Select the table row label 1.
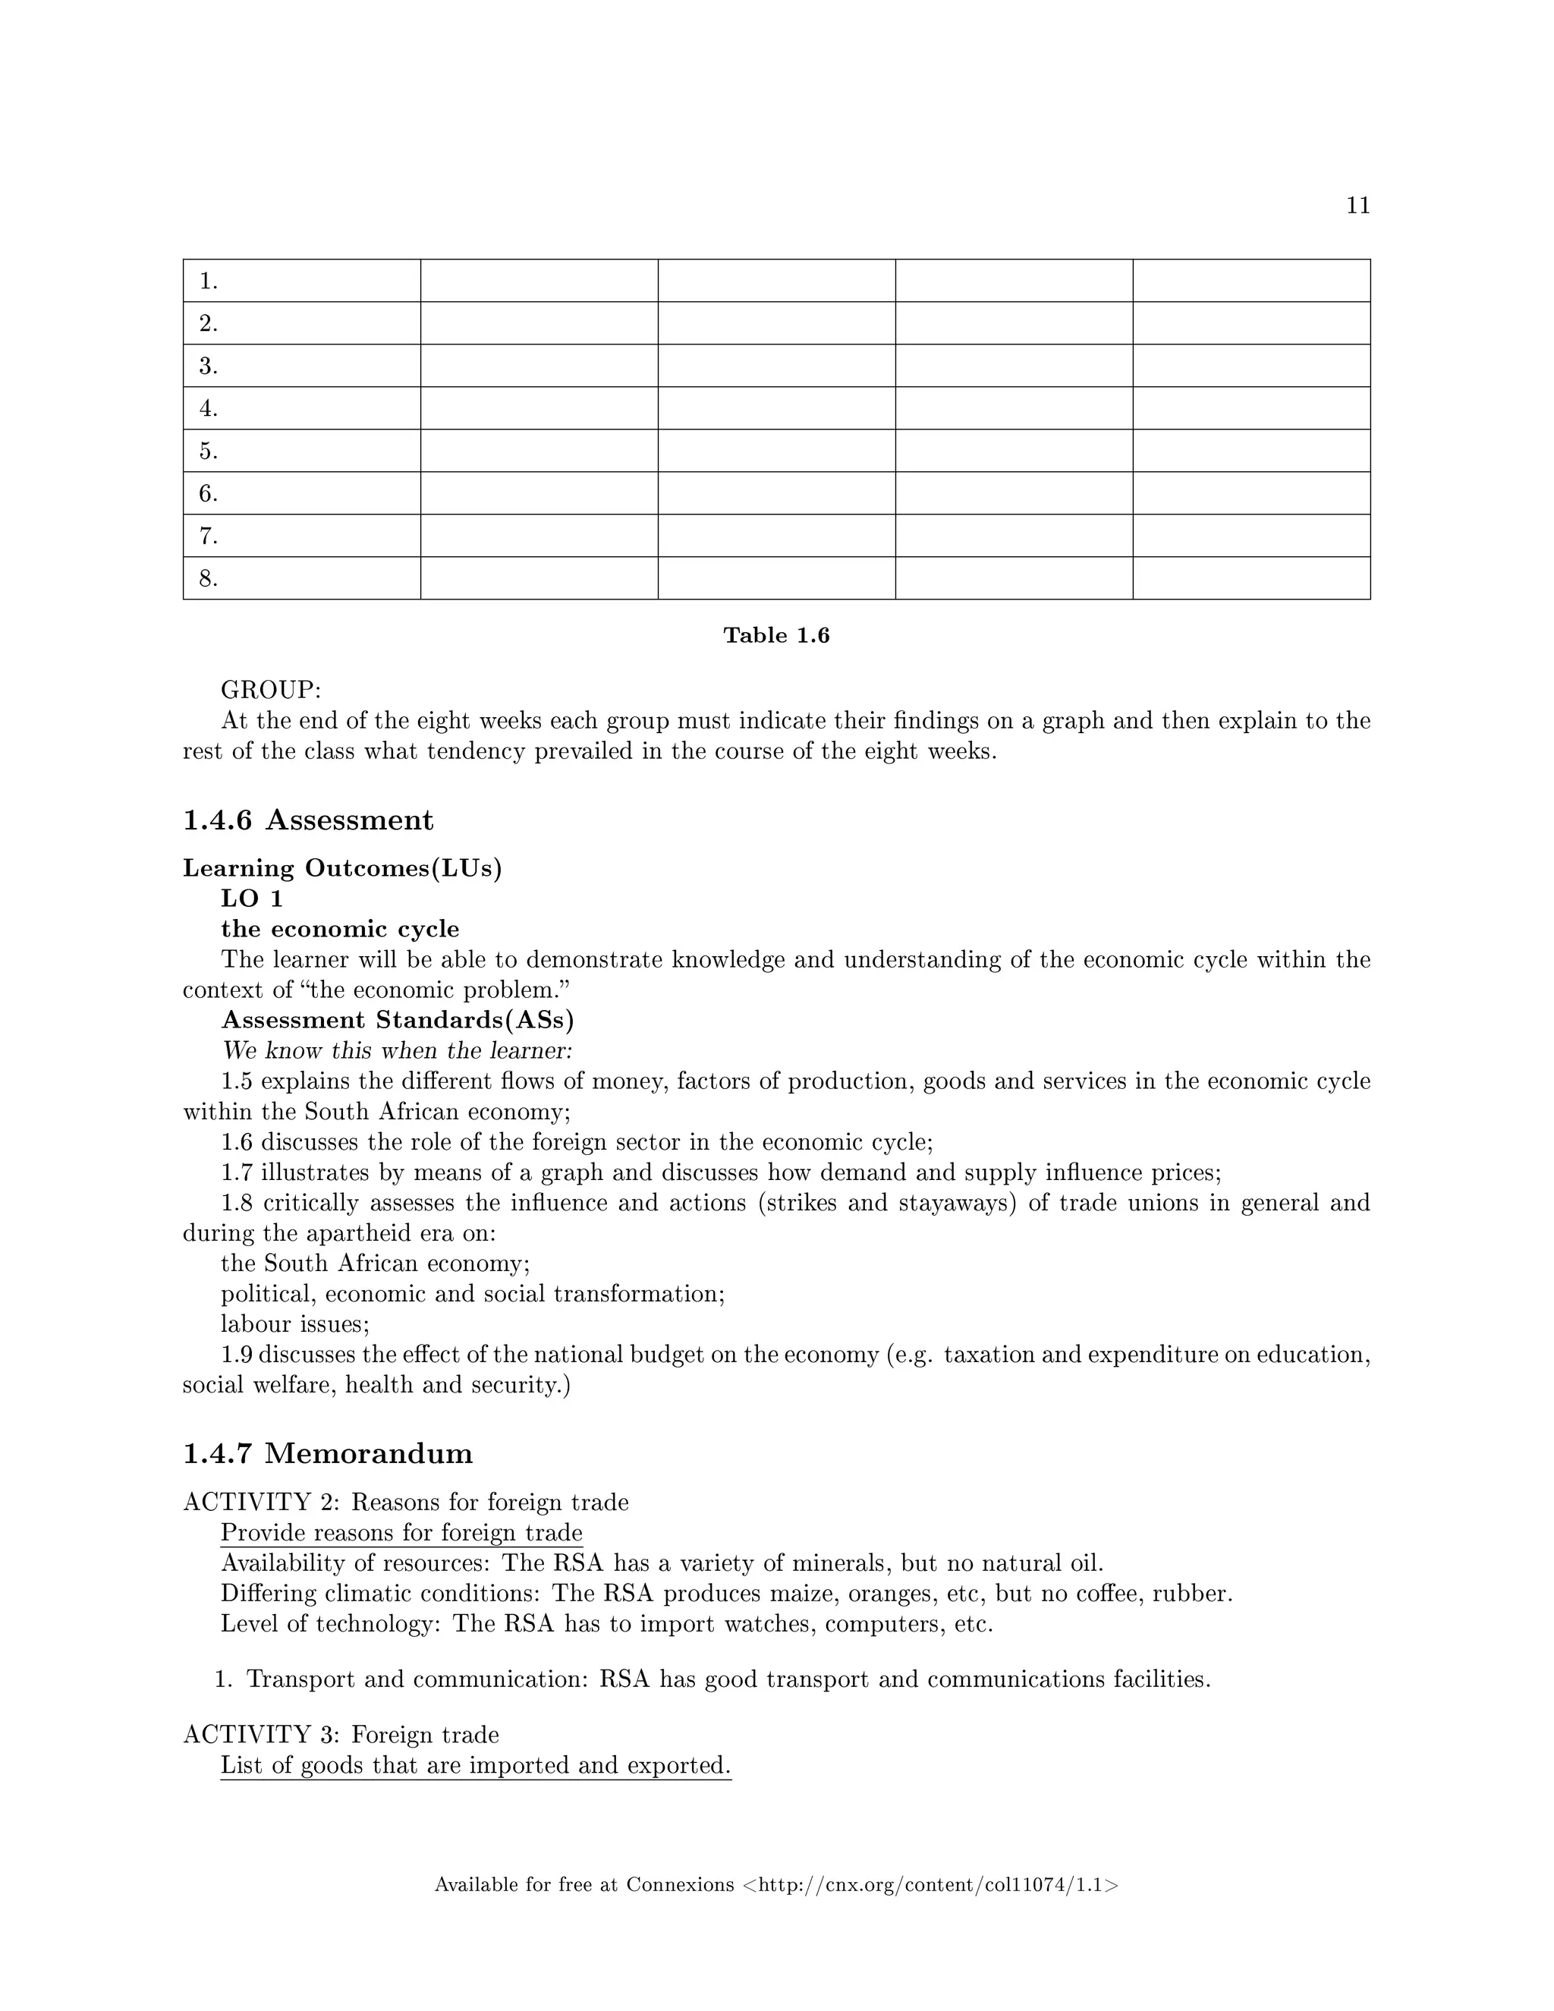point(208,281)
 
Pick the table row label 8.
point(208,578)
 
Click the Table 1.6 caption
point(776,635)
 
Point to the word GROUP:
point(271,690)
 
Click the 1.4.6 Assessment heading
point(308,820)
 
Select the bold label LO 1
point(251,898)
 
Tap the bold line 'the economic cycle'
point(340,929)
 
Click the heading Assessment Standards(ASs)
point(398,1020)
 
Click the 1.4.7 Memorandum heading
point(328,1454)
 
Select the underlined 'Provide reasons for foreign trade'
point(401,1533)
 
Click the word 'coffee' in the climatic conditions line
point(1105,1594)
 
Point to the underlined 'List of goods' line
point(475,1766)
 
